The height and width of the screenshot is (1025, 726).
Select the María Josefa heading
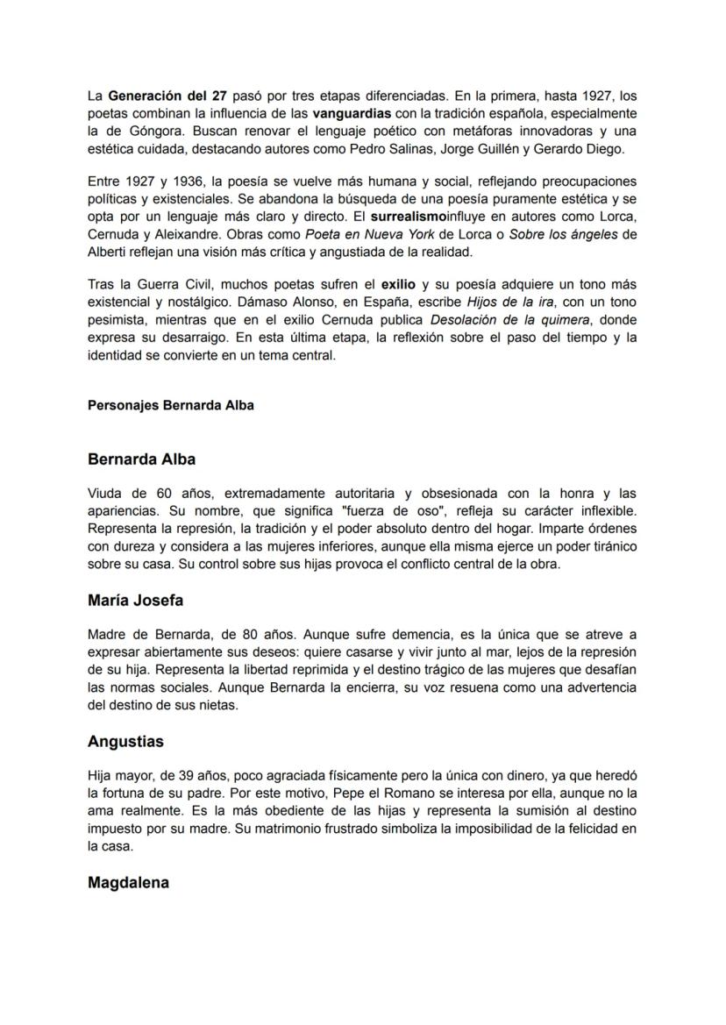click(x=135, y=601)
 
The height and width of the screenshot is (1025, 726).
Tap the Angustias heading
click(x=125, y=741)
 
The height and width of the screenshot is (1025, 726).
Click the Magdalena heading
click(x=128, y=882)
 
